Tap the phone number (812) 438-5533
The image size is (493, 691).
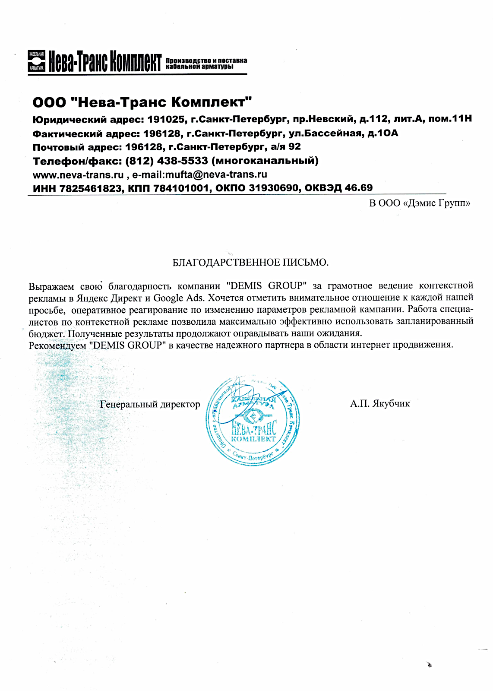(x=166, y=161)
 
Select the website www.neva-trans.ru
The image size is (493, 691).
(x=78, y=175)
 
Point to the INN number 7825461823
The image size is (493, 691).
(x=91, y=188)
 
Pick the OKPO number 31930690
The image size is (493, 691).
(x=273, y=188)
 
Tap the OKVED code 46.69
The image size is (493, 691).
(x=358, y=188)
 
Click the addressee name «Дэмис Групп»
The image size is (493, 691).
(x=437, y=203)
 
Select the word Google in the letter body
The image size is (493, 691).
(x=168, y=298)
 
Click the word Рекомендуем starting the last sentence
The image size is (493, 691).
(x=57, y=345)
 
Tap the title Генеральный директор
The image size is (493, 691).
(x=150, y=405)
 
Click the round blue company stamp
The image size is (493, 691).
(x=253, y=420)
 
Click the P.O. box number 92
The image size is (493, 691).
(x=294, y=147)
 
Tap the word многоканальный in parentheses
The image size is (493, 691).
(x=266, y=161)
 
